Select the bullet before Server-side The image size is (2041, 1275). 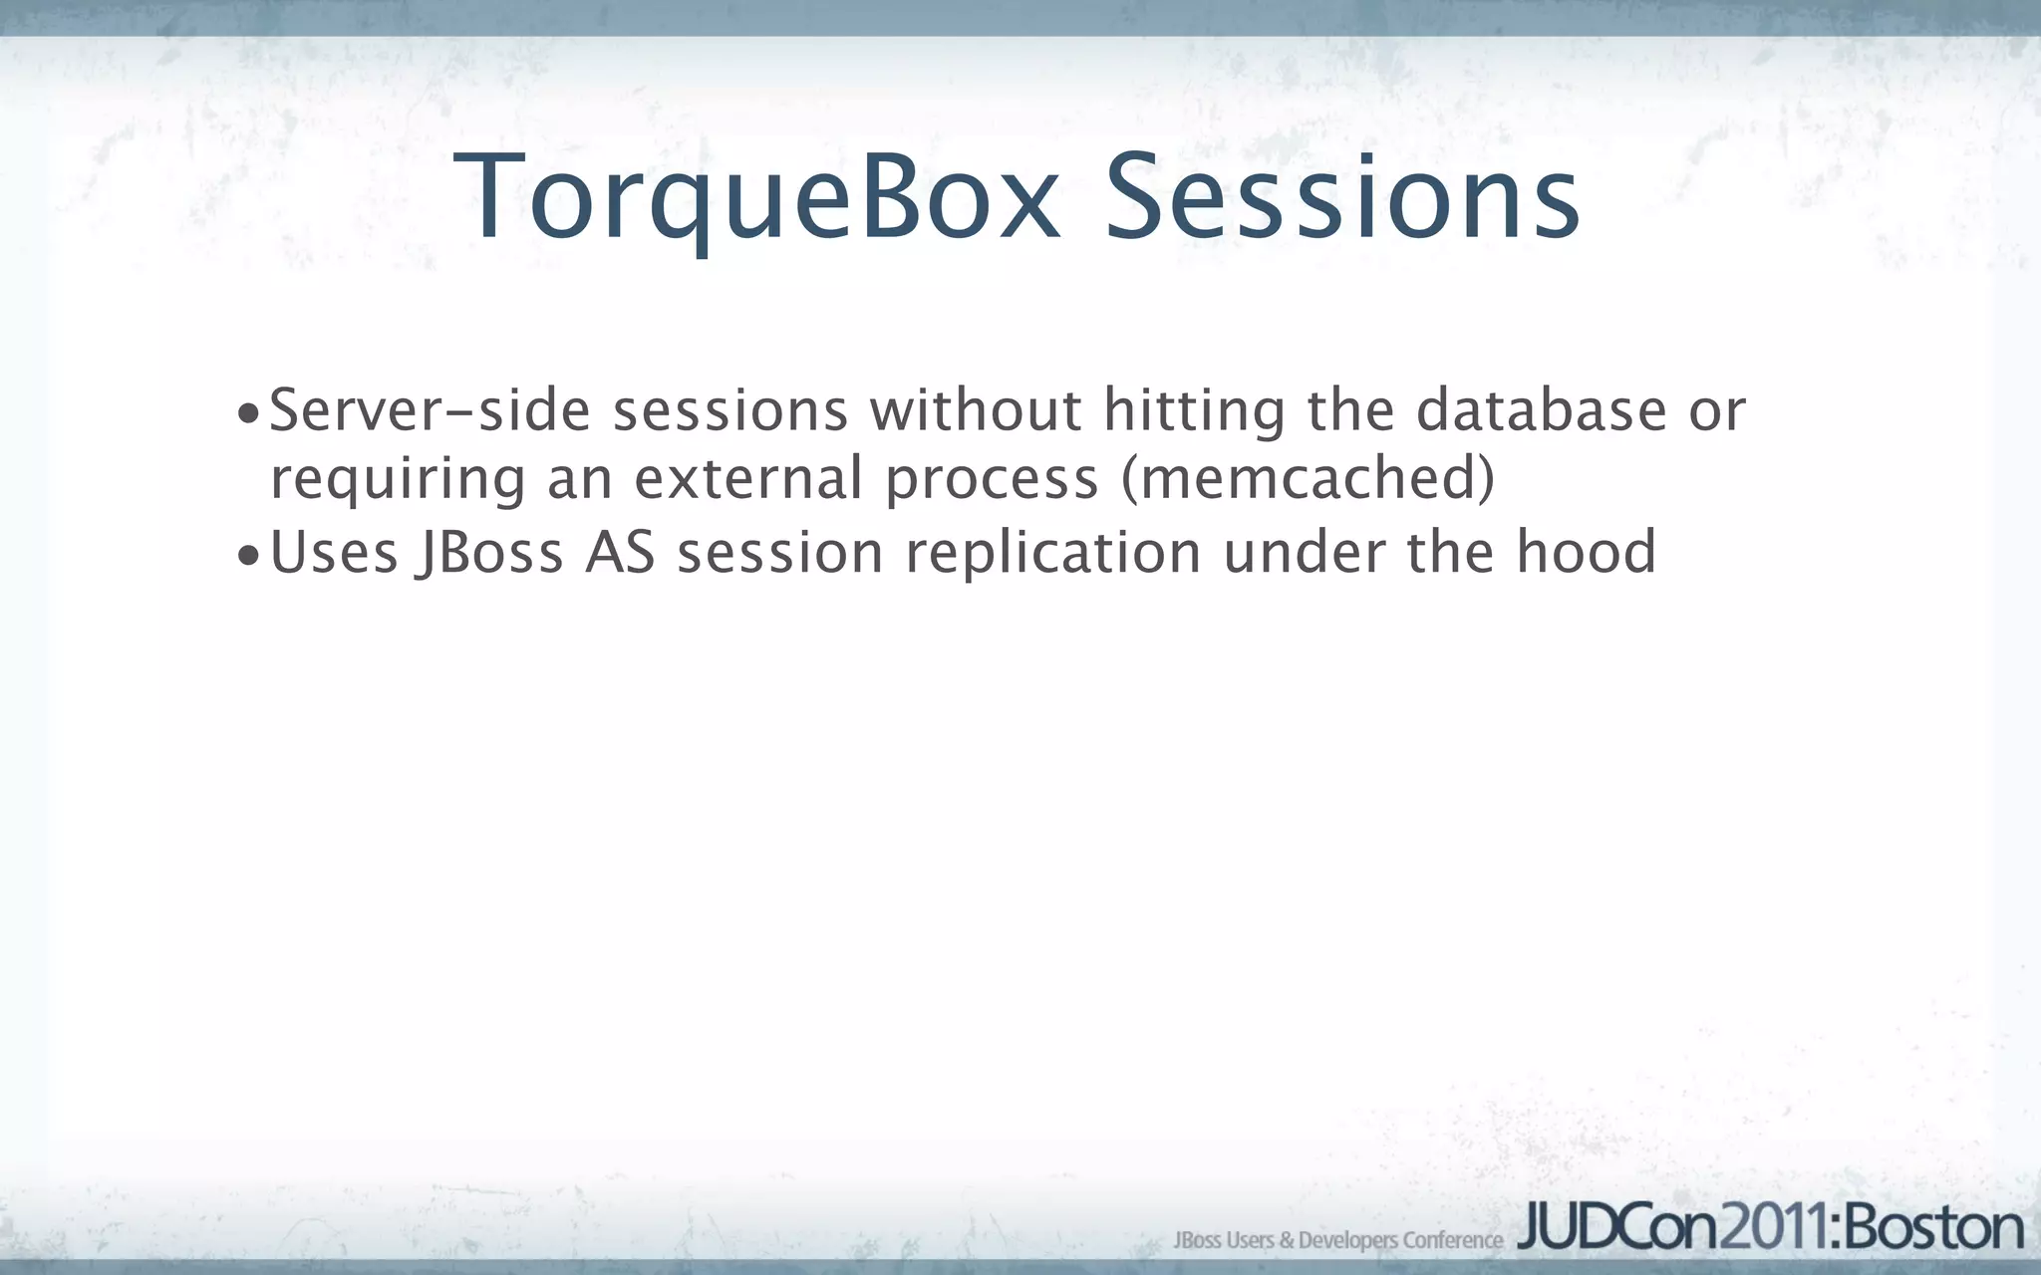(x=248, y=413)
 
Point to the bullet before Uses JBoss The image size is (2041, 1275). (x=248, y=556)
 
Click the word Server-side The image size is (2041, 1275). (x=430, y=410)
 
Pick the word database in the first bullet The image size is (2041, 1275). (x=1541, y=410)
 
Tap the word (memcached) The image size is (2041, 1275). (x=1309, y=479)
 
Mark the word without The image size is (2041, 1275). (x=976, y=410)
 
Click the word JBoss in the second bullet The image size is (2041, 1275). (x=489, y=554)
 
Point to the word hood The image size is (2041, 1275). (x=1586, y=553)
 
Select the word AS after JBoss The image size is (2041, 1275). (x=620, y=553)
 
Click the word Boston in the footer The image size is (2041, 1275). (x=1935, y=1228)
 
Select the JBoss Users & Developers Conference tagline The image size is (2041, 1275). (x=1337, y=1240)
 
